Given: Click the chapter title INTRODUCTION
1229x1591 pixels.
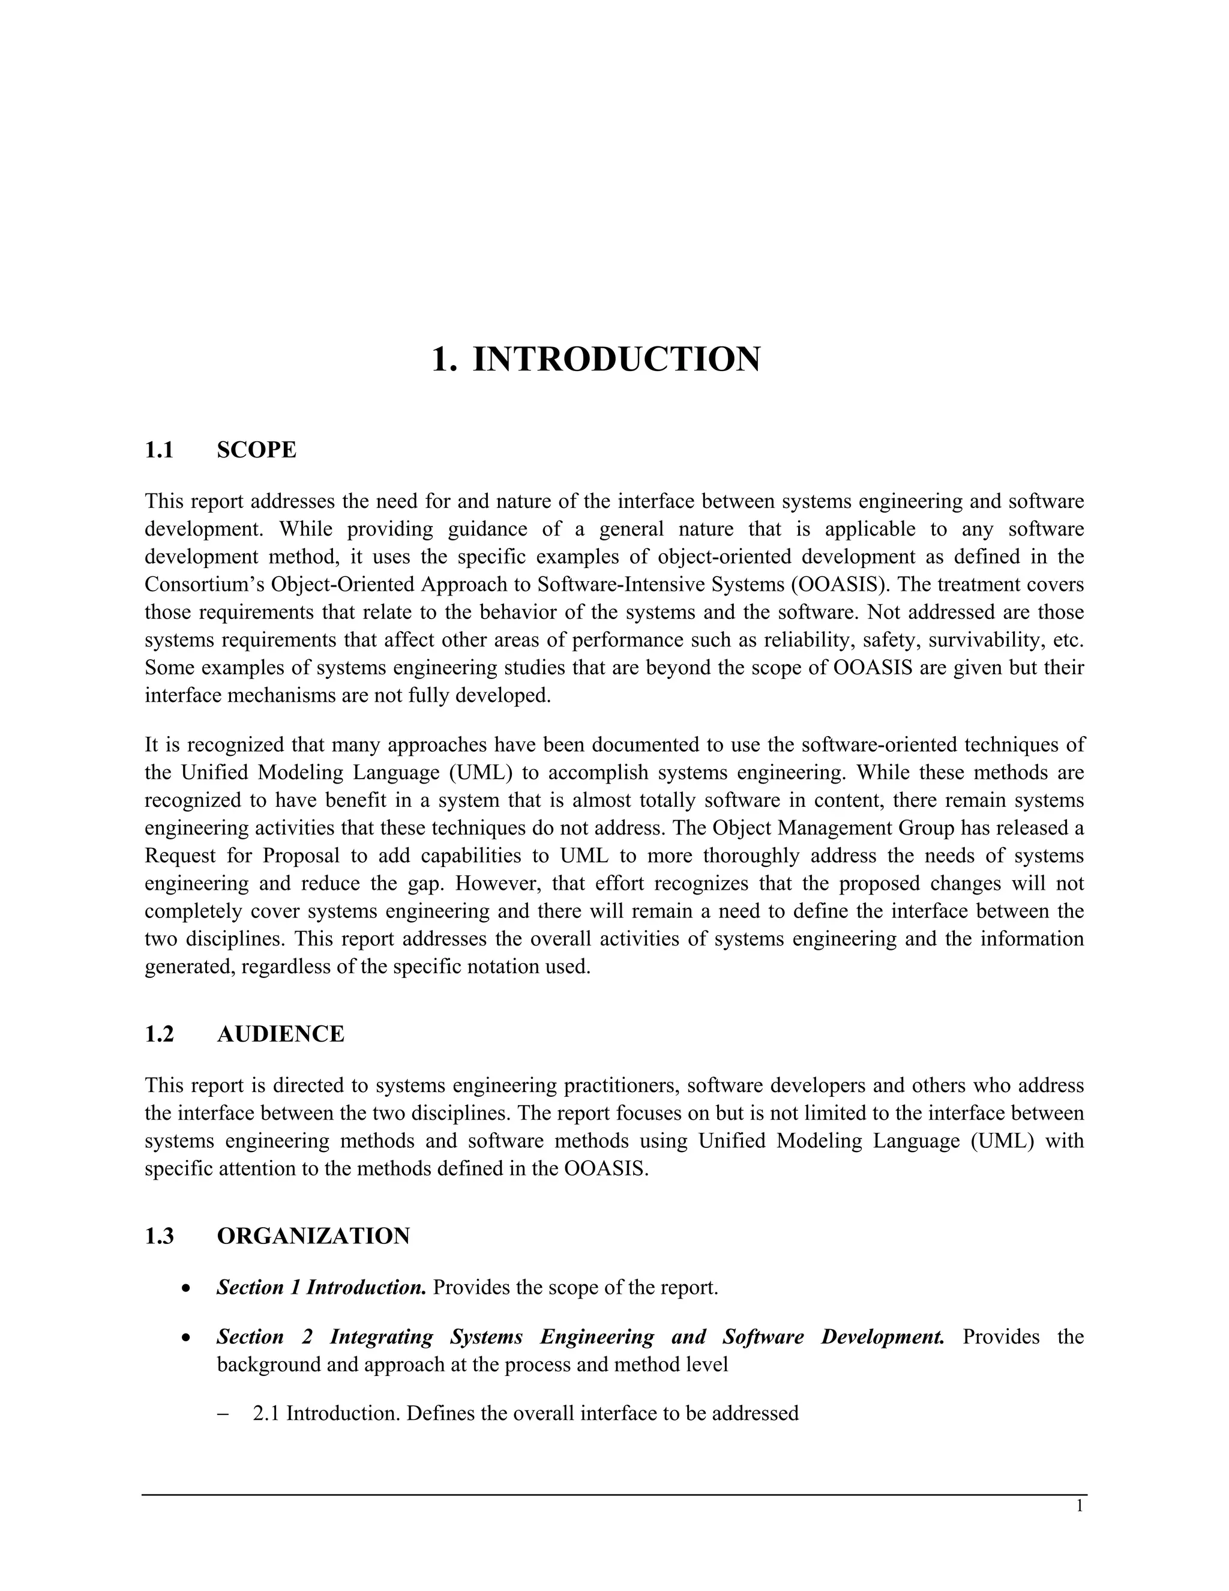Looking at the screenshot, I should coord(616,359).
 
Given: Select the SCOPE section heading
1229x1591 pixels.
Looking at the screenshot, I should coord(256,450).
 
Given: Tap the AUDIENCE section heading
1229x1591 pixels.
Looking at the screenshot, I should coord(280,1034).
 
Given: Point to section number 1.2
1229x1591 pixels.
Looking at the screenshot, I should coord(160,1034).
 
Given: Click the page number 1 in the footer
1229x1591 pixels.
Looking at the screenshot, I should coord(1079,1506).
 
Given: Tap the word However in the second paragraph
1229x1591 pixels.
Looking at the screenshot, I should coord(498,884).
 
